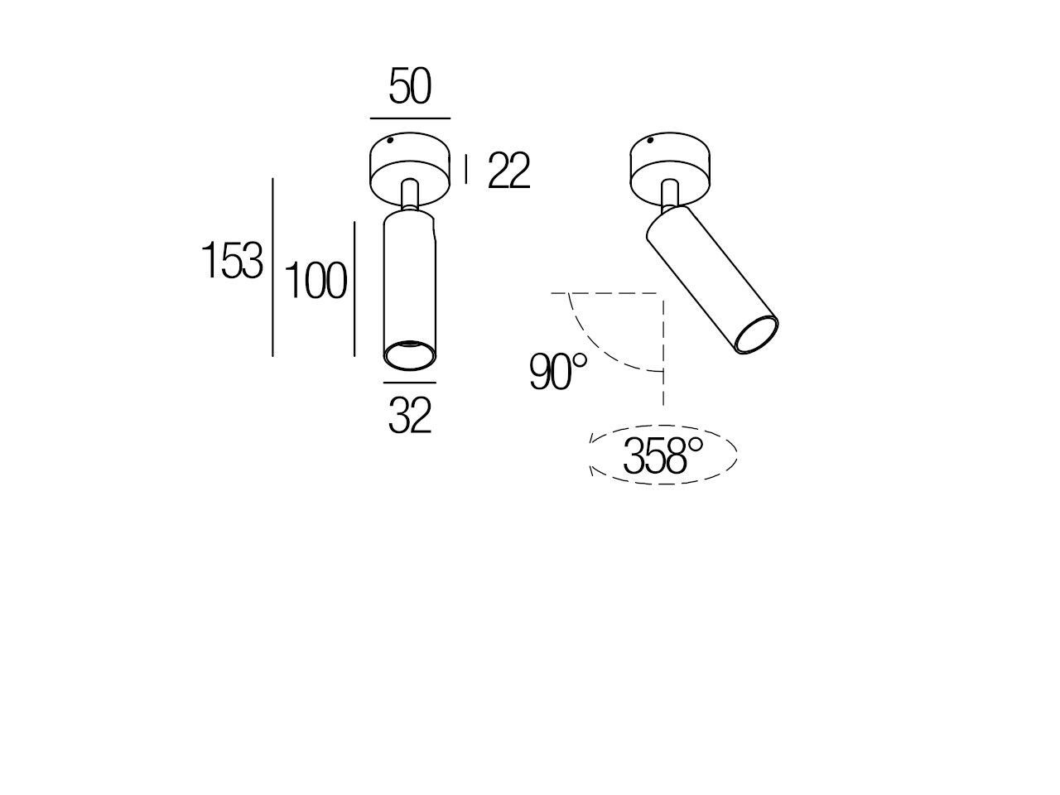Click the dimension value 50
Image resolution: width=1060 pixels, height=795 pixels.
point(410,88)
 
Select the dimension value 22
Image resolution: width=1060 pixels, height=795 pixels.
point(508,172)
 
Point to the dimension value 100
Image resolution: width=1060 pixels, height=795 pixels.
point(316,281)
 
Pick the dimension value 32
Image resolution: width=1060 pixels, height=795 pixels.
point(410,416)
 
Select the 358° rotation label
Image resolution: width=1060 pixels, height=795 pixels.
point(662,456)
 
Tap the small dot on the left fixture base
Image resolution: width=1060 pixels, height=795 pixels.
point(390,143)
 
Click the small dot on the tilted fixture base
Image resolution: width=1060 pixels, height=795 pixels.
point(652,142)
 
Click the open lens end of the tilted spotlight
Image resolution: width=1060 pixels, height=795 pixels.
point(757,336)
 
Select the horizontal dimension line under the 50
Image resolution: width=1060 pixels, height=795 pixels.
point(410,118)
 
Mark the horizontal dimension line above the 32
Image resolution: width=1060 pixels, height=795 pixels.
point(410,383)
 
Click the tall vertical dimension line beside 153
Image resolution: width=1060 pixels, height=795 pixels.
point(273,267)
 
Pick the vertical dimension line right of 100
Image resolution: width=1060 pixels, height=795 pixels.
point(354,288)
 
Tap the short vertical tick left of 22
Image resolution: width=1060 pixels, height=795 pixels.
point(466,169)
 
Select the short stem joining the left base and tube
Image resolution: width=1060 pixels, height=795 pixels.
point(409,196)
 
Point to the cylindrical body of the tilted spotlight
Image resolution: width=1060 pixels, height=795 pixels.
point(708,277)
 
